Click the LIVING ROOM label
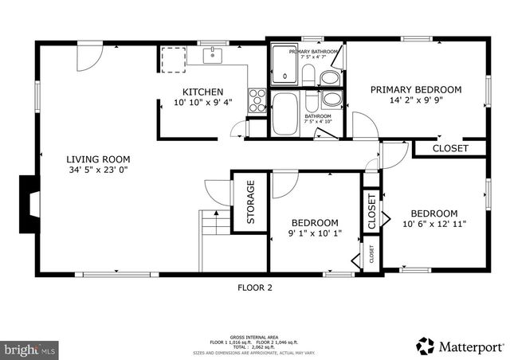tap(98, 158)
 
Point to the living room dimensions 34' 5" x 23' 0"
tap(98, 170)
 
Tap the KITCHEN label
tap(202, 92)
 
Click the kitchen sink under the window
tap(212, 55)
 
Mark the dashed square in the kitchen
tap(173, 59)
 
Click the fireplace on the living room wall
tap(28, 204)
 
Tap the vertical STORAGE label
tap(250, 202)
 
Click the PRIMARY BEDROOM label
tap(415, 90)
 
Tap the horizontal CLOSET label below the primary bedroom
tap(450, 148)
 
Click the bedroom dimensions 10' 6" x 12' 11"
tap(434, 225)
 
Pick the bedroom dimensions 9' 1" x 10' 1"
tap(314, 234)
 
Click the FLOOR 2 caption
tap(255, 288)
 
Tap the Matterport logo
tap(461, 346)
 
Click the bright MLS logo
tap(30, 349)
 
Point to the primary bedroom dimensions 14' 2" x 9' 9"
tap(415, 102)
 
